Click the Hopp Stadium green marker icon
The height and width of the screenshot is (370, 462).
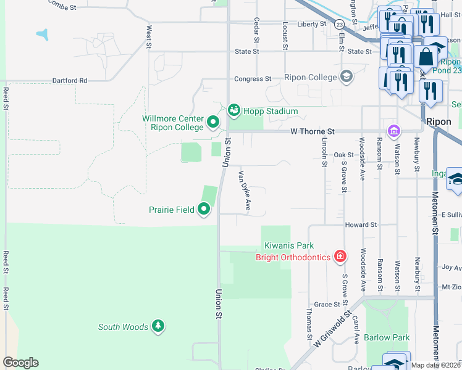pyautogui.click(x=233, y=110)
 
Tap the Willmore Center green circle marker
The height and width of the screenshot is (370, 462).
pyautogui.click(x=212, y=122)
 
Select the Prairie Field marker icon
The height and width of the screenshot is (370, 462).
pyautogui.click(x=204, y=210)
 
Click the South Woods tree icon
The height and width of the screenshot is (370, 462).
pyautogui.click(x=158, y=326)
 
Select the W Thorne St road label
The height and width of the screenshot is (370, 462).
pyautogui.click(x=313, y=132)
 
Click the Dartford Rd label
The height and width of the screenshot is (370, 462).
pyautogui.click(x=69, y=80)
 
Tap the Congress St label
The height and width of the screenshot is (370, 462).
pyautogui.click(x=252, y=79)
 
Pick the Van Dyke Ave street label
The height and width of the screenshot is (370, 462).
pyautogui.click(x=244, y=191)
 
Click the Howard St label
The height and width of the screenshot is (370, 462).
pyautogui.click(x=361, y=225)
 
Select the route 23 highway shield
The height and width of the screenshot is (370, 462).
pyautogui.click(x=340, y=25)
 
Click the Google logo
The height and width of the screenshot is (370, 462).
pyautogui.click(x=20, y=363)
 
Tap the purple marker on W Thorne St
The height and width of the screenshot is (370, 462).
pyautogui.click(x=393, y=131)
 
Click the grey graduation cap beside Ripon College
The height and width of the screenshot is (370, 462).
pyautogui.click(x=346, y=77)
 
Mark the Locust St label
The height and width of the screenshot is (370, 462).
pyautogui.click(x=285, y=35)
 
